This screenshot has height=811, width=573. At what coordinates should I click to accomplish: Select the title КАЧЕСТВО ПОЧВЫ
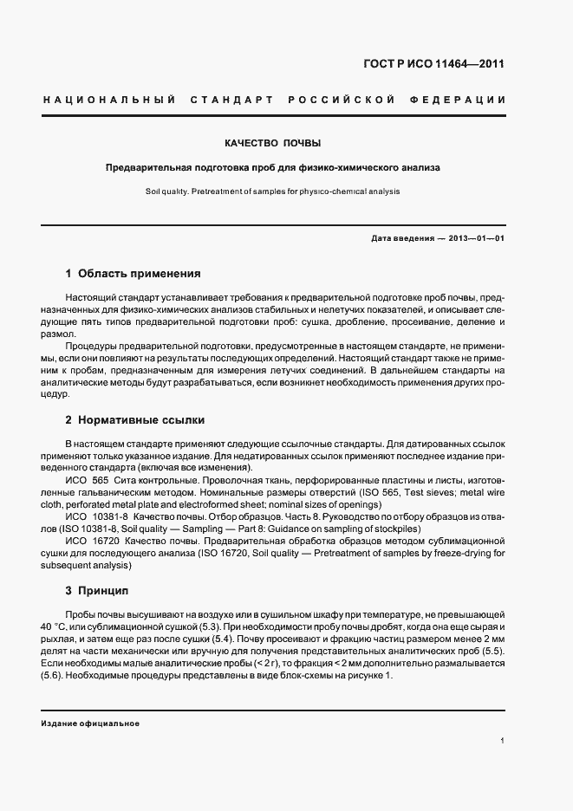(x=273, y=142)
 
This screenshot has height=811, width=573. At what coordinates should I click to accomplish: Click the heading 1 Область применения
(x=133, y=273)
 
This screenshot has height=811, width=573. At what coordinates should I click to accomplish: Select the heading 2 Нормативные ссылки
(x=134, y=420)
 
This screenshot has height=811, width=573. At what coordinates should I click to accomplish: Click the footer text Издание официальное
(x=90, y=723)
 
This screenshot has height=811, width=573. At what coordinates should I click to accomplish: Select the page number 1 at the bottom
(x=503, y=741)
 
